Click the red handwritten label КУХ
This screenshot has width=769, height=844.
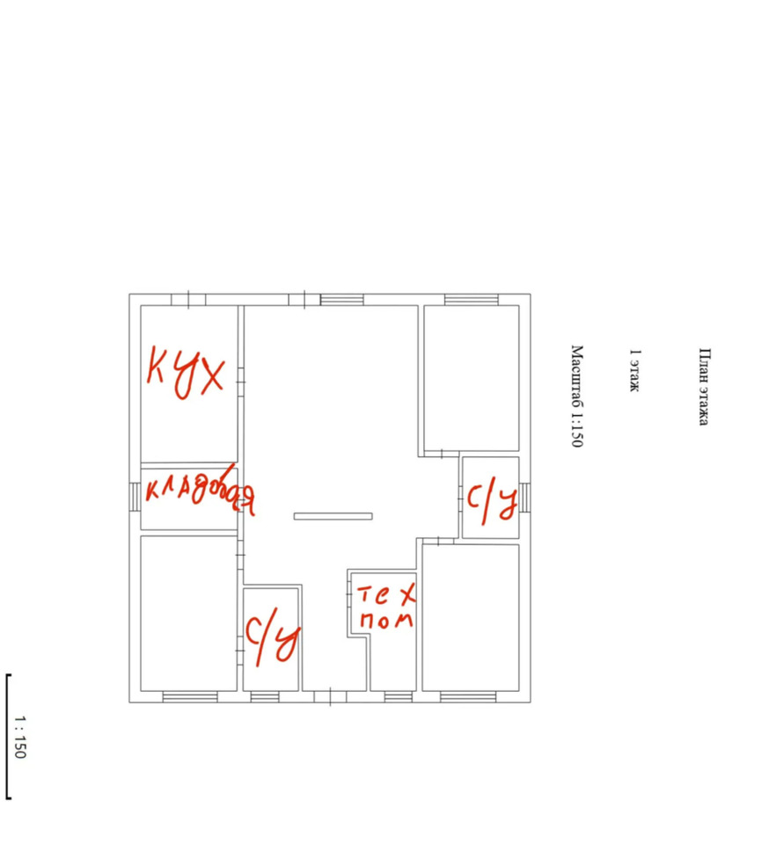(186, 373)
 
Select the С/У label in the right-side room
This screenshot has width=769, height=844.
(492, 503)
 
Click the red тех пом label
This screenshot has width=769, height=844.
(386, 608)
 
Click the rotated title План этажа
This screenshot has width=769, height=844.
(704, 387)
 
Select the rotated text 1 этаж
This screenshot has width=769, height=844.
(635, 370)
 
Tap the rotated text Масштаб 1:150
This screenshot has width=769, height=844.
(577, 397)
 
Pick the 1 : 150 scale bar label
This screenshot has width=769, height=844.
(20, 737)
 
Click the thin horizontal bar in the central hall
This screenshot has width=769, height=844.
(333, 516)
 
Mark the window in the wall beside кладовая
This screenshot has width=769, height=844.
(135, 496)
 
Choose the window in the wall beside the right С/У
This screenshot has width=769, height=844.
(524, 497)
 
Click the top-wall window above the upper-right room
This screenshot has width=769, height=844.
(472, 299)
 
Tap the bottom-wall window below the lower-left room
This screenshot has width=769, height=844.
(190, 697)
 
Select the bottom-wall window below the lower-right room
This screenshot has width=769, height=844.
(468, 697)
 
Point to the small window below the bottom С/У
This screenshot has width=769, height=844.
(265, 697)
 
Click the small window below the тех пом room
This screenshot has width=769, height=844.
(399, 697)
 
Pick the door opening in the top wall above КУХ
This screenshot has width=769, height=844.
(188, 299)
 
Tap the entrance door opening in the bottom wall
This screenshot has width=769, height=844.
(330, 697)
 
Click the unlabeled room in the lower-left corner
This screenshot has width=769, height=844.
(188, 613)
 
